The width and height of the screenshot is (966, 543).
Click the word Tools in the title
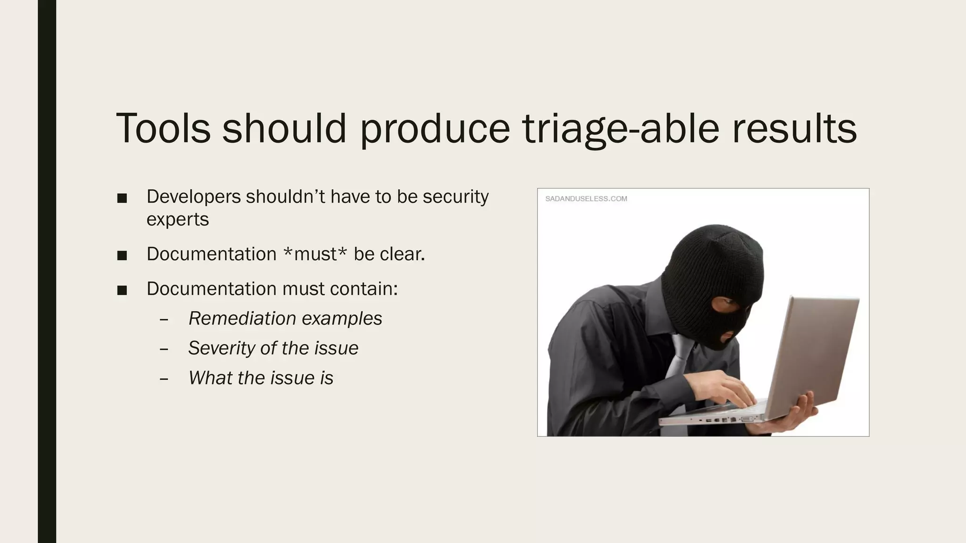(163, 128)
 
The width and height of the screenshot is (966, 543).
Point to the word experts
(177, 219)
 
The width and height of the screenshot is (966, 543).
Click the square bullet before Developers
(122, 198)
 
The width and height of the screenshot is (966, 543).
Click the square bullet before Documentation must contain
(122, 290)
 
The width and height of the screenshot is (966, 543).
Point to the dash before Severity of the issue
(164, 349)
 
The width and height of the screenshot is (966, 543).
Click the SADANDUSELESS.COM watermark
(586, 199)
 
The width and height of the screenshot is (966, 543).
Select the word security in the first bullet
(455, 197)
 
